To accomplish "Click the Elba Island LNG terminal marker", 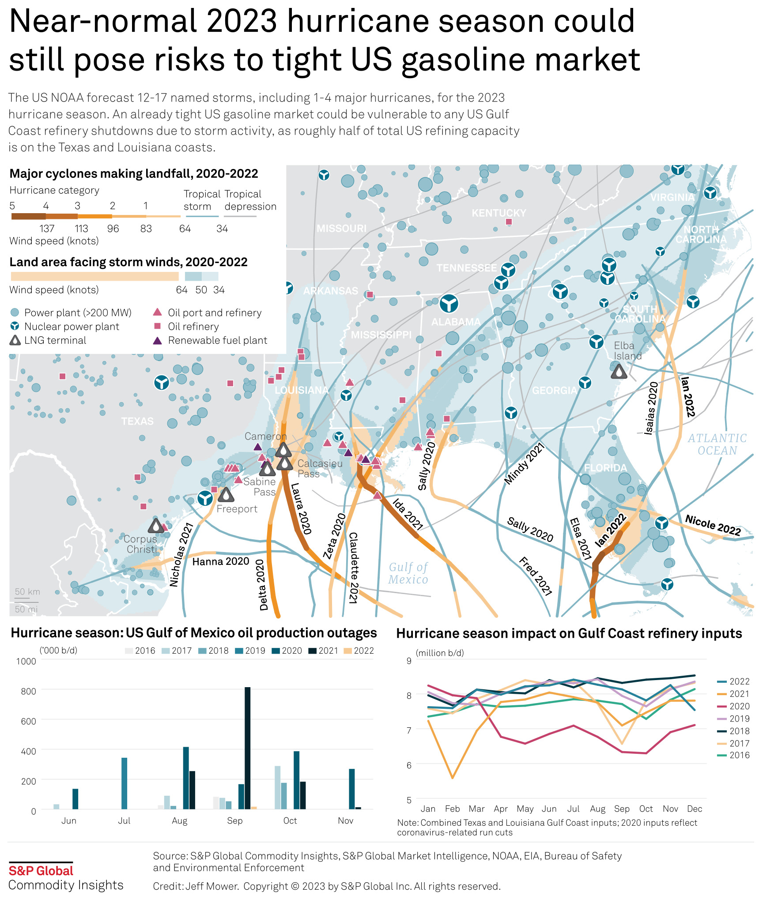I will [x=619, y=372].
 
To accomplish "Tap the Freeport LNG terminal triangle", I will [x=226, y=495].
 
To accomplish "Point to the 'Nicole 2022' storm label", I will [x=713, y=525].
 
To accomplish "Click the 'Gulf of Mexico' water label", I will [x=408, y=573].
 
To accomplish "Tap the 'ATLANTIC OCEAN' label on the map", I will [x=717, y=444].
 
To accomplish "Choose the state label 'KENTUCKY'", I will [x=499, y=213].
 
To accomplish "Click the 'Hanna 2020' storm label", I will [x=221, y=561].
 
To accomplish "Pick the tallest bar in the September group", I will [x=247, y=748].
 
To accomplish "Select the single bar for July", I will [x=125, y=783].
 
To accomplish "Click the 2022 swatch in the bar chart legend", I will [x=348, y=651].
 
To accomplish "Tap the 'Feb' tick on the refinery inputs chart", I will [x=452, y=809].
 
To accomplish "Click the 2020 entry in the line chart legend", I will [x=733, y=707].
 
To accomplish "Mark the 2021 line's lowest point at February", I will [x=453, y=778].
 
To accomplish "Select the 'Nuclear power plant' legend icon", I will [x=15, y=326].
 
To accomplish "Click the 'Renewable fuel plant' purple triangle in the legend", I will [x=157, y=340].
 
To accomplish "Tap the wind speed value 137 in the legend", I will [x=47, y=229].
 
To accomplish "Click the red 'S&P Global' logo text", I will [x=41, y=871].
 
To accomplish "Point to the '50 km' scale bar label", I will [x=27, y=592].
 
